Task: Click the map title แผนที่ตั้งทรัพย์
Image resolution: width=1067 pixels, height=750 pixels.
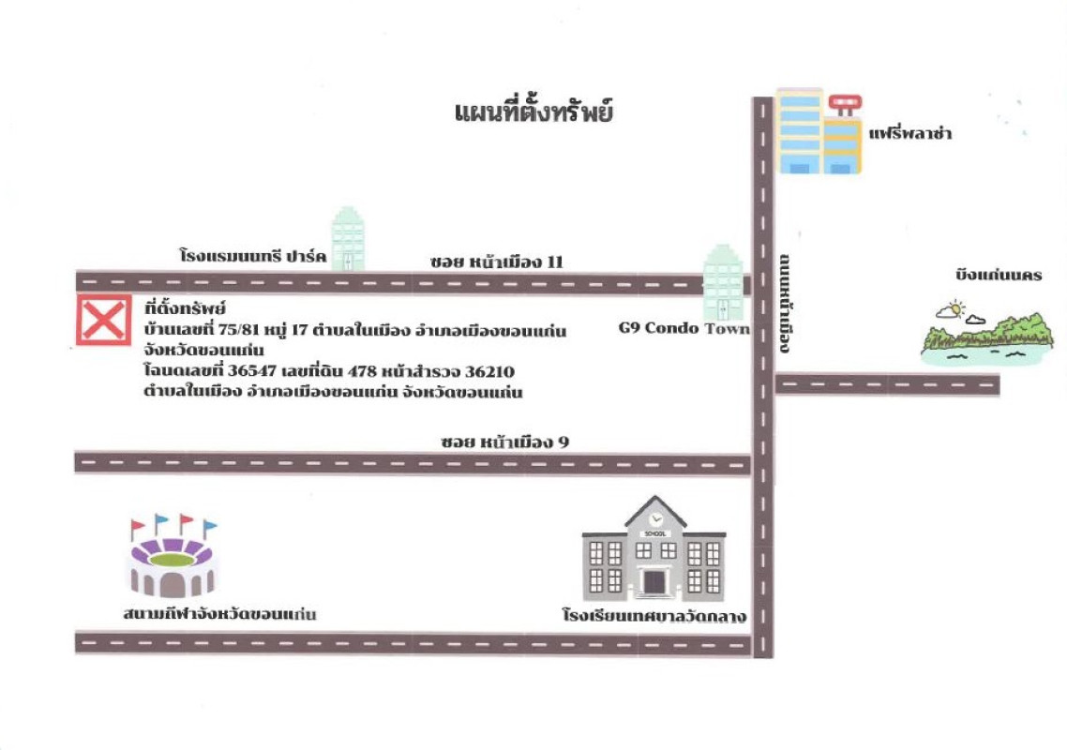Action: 533,112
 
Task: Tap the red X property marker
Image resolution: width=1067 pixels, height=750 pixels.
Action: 103,320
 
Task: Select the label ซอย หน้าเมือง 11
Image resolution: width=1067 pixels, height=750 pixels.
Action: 497,262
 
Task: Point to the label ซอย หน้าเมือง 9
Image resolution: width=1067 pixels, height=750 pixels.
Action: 504,442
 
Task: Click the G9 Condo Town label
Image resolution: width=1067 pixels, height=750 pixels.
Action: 684,328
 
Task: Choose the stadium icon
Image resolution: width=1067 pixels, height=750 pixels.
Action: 173,556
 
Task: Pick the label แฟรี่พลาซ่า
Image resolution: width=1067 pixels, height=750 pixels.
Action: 909,133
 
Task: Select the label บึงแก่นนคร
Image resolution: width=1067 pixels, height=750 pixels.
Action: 999,275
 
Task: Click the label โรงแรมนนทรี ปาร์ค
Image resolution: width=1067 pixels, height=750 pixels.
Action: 253,256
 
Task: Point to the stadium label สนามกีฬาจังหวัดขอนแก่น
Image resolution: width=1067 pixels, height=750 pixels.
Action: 219,613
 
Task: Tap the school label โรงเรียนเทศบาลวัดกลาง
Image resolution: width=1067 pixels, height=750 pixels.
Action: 654,616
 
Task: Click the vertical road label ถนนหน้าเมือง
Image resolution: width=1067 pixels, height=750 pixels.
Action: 785,304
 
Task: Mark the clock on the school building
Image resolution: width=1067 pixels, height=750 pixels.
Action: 654,517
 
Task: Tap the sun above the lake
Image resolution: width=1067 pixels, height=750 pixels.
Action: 955,308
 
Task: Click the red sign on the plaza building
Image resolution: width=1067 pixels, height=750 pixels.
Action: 845,103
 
